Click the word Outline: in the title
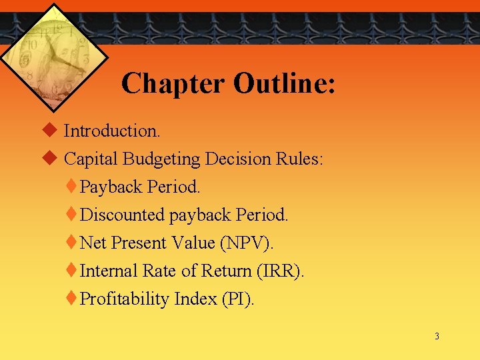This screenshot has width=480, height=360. click(285, 84)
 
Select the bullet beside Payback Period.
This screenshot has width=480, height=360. click(73, 187)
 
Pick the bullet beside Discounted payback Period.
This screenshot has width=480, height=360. click(73, 215)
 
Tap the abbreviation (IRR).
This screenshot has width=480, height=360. click(280, 271)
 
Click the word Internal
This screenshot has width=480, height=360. click(108, 271)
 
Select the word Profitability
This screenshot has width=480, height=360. click(125, 299)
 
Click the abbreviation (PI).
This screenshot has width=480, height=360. click(237, 299)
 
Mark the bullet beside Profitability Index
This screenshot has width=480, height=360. click(73, 299)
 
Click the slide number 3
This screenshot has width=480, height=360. click(437, 337)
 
